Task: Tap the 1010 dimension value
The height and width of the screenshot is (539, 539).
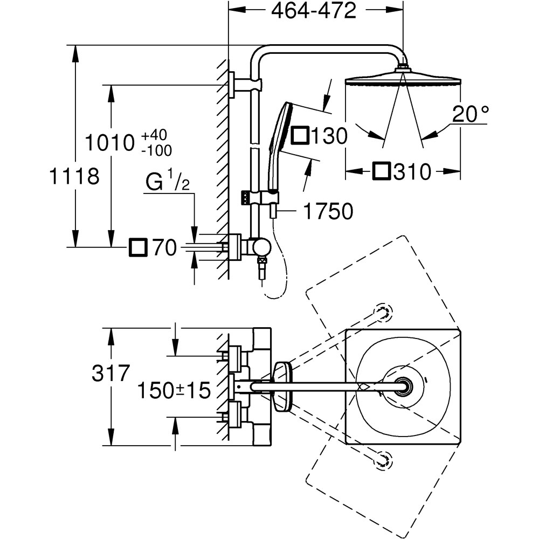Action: click(109, 144)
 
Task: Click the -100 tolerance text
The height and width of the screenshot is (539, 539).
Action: click(156, 150)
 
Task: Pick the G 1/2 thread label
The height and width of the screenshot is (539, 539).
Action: click(168, 183)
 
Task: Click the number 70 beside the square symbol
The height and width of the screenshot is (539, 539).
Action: click(163, 248)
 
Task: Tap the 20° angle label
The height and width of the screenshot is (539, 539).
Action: click(471, 114)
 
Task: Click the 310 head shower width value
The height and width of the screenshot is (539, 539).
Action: click(412, 172)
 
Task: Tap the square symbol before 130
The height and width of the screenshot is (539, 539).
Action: click(300, 136)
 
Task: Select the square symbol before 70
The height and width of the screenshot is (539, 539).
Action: click(138, 248)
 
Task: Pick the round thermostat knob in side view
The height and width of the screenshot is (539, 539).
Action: click(262, 247)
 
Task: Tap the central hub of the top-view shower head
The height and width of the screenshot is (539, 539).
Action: click(403, 387)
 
